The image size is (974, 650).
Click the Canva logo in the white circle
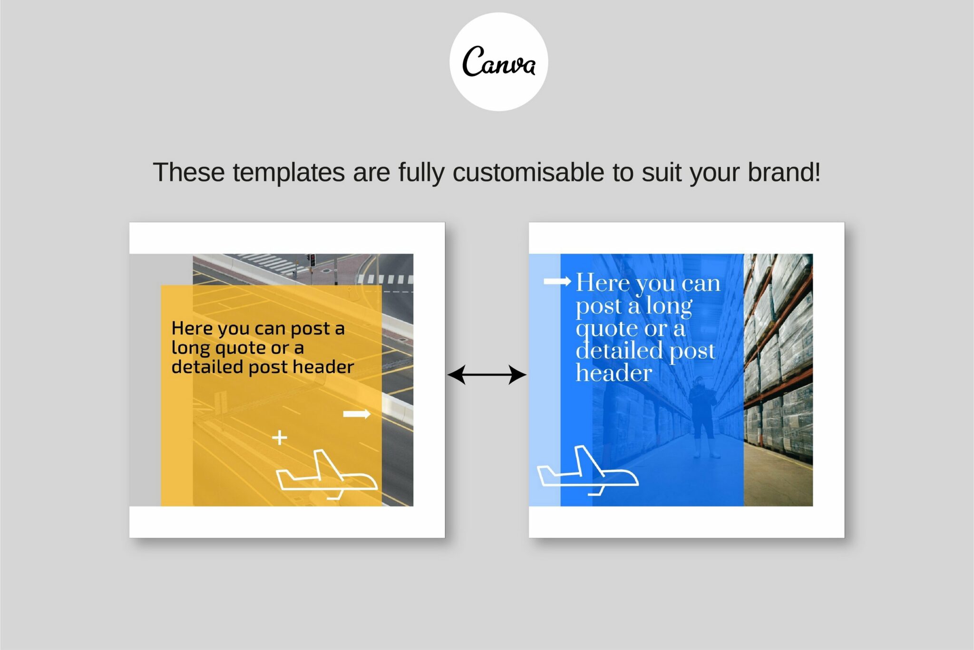tap(498, 62)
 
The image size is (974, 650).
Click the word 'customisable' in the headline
tap(528, 172)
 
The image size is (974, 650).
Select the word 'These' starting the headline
tap(188, 172)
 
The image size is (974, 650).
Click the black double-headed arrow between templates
tap(487, 375)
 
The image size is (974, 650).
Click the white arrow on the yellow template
tap(357, 414)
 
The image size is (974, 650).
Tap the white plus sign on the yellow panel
tap(280, 437)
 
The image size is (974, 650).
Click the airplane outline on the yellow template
tap(327, 475)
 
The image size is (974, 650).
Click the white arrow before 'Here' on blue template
tap(557, 281)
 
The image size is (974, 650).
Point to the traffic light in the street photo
tap(312, 260)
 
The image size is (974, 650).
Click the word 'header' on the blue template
tap(614, 373)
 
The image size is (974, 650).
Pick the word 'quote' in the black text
tap(241, 348)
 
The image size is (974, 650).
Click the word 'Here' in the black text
tap(192, 328)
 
